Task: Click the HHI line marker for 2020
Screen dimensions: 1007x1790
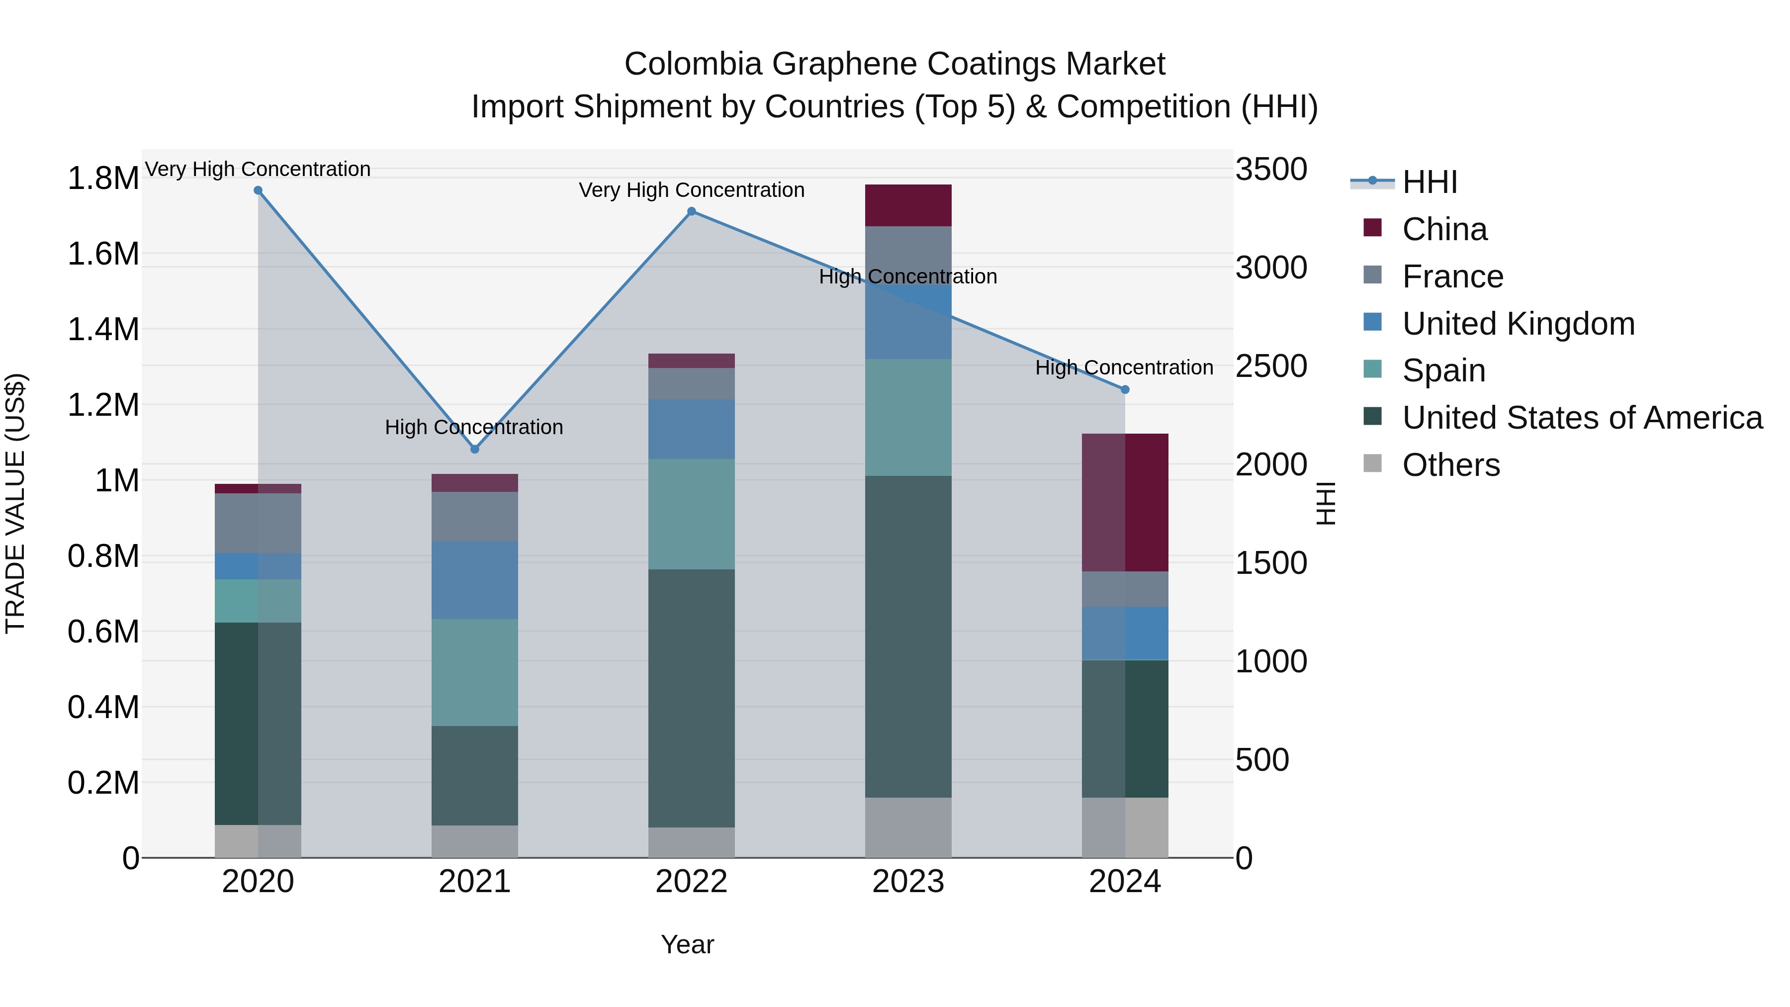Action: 258,190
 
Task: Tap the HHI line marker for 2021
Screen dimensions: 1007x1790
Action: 475,450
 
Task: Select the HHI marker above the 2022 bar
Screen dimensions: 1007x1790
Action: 692,211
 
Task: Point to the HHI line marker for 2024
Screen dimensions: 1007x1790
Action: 1125,390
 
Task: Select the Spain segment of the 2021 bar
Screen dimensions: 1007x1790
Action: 475,673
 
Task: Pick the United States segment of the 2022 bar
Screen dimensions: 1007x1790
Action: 692,699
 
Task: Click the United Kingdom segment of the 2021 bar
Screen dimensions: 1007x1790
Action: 475,580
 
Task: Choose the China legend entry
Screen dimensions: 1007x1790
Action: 1444,229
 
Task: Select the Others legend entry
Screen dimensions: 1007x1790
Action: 1450,465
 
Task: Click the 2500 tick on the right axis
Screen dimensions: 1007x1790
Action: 1271,366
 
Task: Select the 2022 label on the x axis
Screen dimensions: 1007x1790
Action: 692,882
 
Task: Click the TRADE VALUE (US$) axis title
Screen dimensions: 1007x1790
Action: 15,503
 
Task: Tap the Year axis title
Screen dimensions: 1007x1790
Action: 687,944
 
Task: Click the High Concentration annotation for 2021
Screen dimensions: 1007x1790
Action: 474,427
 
